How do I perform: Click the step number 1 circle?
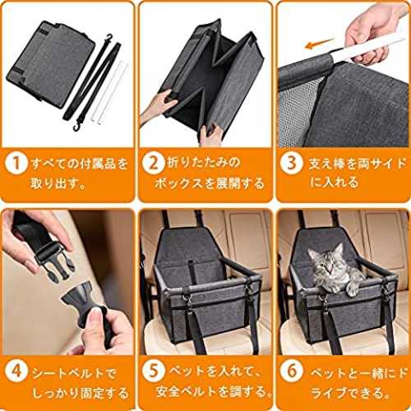click(x=16, y=164)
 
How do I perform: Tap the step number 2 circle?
click(x=153, y=164)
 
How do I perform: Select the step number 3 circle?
click(x=292, y=164)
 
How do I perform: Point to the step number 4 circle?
click(x=16, y=372)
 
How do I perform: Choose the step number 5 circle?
click(x=154, y=372)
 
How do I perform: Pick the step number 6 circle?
click(x=292, y=372)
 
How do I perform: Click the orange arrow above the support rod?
click(x=320, y=44)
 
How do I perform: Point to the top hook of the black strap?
click(x=109, y=39)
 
